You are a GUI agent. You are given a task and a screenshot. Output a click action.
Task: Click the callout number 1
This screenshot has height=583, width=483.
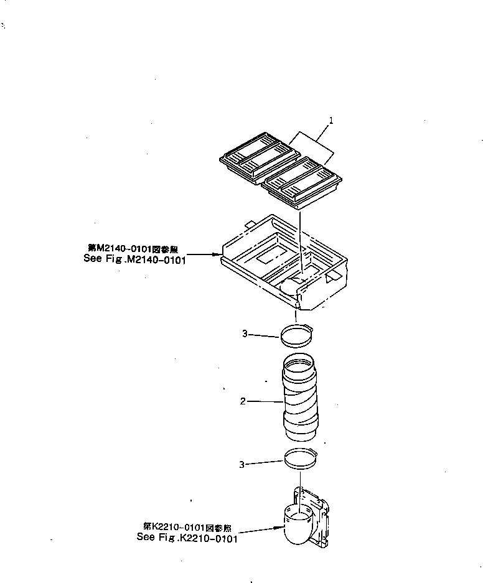[331, 121]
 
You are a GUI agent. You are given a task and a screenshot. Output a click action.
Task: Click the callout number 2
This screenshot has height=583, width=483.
[243, 401]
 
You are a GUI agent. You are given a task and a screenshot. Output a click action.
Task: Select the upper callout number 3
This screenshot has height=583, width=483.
[245, 334]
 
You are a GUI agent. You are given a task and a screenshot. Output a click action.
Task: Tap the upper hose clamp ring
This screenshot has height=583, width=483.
[298, 336]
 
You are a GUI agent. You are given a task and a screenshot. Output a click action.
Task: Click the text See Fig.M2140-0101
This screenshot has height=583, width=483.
[135, 259]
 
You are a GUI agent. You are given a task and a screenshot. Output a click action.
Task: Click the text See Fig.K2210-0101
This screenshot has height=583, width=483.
[187, 538]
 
